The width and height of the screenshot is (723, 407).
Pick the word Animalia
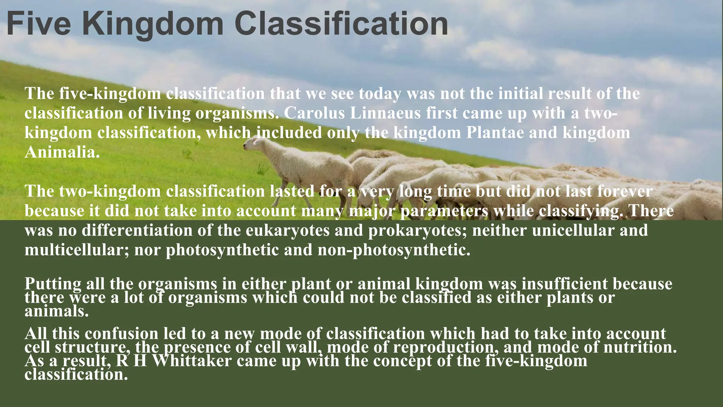point(62,152)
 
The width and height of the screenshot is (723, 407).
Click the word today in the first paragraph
point(380,94)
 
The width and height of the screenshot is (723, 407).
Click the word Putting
point(53,284)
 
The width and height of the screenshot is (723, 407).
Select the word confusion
point(121,334)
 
